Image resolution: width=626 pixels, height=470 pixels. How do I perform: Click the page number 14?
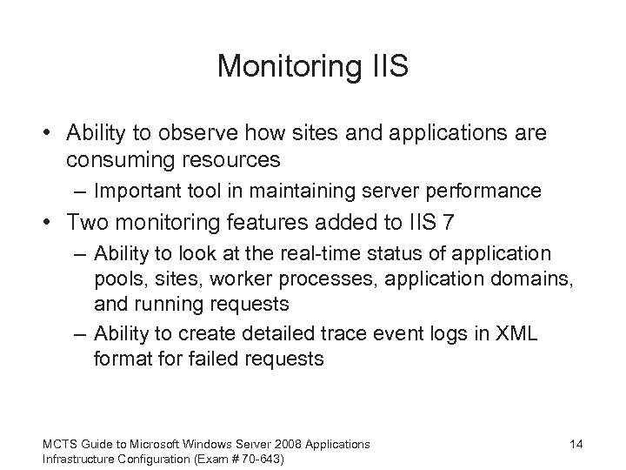click(576, 444)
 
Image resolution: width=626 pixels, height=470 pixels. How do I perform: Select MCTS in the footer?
click(60, 444)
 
